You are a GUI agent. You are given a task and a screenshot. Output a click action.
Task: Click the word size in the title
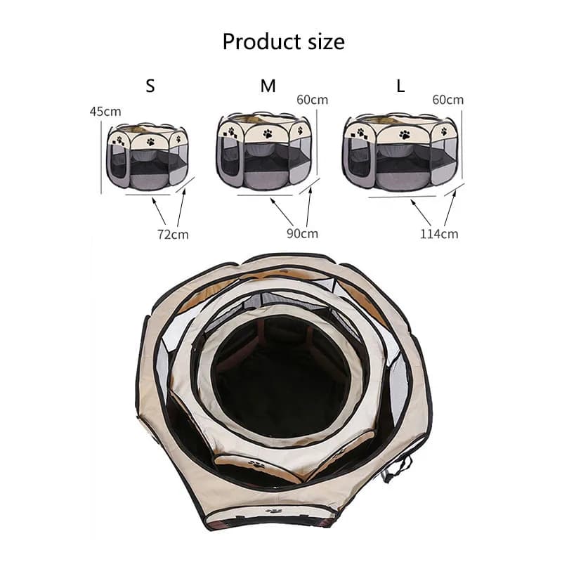point(321,41)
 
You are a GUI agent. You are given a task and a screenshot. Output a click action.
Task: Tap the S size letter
point(150,86)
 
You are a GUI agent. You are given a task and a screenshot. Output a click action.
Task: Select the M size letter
point(268,86)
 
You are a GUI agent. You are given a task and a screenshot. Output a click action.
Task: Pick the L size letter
point(401,86)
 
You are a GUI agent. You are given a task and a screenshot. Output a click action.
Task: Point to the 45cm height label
point(105,111)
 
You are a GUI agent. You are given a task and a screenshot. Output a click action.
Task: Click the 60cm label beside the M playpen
point(312,99)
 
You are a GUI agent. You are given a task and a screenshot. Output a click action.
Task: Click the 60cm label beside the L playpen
point(447,99)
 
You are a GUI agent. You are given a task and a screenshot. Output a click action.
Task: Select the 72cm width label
point(173,234)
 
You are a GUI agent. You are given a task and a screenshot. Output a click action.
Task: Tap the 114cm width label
point(440,233)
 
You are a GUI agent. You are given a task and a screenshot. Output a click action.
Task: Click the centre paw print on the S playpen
point(150,141)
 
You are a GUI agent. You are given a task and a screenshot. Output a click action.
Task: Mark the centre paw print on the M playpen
point(268,132)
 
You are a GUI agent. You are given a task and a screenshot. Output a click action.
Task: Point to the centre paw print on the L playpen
point(404,134)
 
